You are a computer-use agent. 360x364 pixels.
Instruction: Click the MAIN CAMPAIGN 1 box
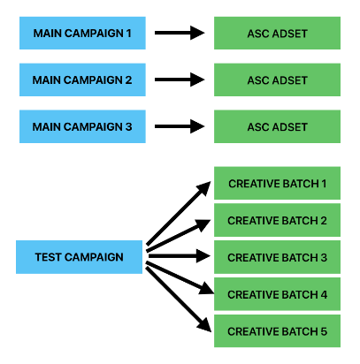82,33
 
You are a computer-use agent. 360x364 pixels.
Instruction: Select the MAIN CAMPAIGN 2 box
82,80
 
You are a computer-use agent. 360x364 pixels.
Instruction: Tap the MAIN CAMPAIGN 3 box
82,127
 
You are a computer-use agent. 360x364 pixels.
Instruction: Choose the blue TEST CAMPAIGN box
80,257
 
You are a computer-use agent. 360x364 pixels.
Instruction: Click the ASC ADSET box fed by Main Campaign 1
277,33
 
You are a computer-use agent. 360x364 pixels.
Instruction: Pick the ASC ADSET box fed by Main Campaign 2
277,80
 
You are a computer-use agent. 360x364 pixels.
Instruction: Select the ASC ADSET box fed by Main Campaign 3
277,127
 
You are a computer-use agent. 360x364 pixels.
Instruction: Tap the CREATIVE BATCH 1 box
277,183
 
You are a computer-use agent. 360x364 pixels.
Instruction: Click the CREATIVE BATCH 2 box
277,220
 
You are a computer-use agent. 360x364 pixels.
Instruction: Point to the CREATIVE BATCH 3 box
277,257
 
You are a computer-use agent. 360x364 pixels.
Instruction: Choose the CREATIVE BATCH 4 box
277,294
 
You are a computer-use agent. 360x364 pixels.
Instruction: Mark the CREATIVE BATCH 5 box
277,331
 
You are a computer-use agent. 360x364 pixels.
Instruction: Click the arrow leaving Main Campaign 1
180,33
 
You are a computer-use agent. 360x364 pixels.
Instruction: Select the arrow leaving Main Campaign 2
180,80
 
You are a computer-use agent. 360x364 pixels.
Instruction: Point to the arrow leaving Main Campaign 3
180,127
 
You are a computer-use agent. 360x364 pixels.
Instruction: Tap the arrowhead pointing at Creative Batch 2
204,222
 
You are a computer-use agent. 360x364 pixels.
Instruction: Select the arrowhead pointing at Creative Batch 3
204,257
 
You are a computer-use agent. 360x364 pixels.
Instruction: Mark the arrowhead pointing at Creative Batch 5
204,326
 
